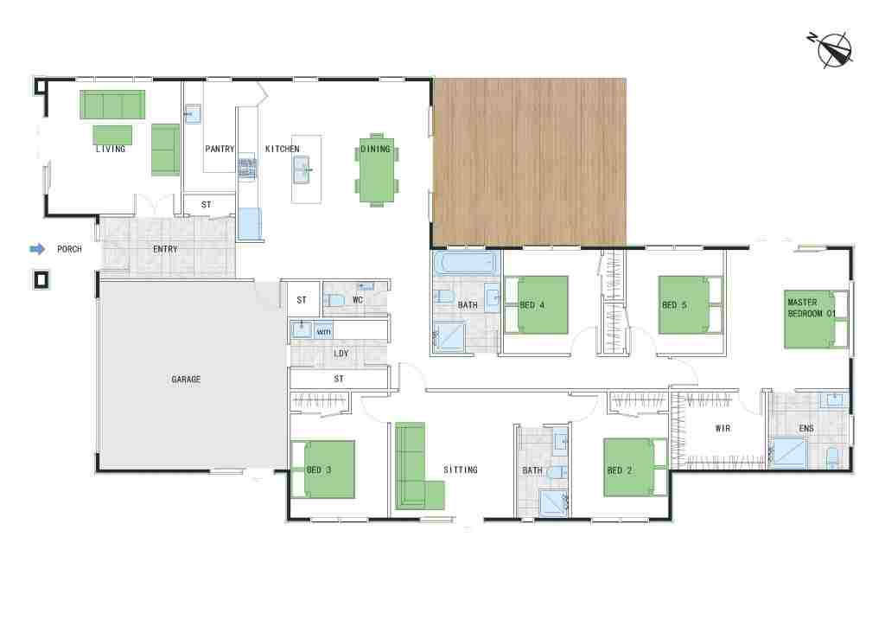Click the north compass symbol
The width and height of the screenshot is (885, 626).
833,49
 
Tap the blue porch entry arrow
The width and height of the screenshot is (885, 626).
37,249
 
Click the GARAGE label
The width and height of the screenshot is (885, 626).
187,380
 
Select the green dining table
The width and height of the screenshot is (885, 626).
377,169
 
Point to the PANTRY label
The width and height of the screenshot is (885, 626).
220,149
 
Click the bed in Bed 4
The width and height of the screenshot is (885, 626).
536,305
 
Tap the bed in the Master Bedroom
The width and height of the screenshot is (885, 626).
816,319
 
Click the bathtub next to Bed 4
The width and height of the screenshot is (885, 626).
467,263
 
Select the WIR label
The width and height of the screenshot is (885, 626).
723,429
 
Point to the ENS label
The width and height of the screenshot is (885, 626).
806,429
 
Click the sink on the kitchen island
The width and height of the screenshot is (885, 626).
302,169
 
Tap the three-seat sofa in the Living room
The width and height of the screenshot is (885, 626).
112,105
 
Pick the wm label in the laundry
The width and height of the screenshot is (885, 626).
324,331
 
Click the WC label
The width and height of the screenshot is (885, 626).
358,300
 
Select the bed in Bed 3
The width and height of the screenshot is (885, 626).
323,469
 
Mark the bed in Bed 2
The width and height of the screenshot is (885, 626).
635,468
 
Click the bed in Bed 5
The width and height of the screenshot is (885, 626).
691,305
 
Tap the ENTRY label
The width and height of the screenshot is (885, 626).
165,249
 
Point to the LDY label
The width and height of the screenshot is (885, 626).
341,354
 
